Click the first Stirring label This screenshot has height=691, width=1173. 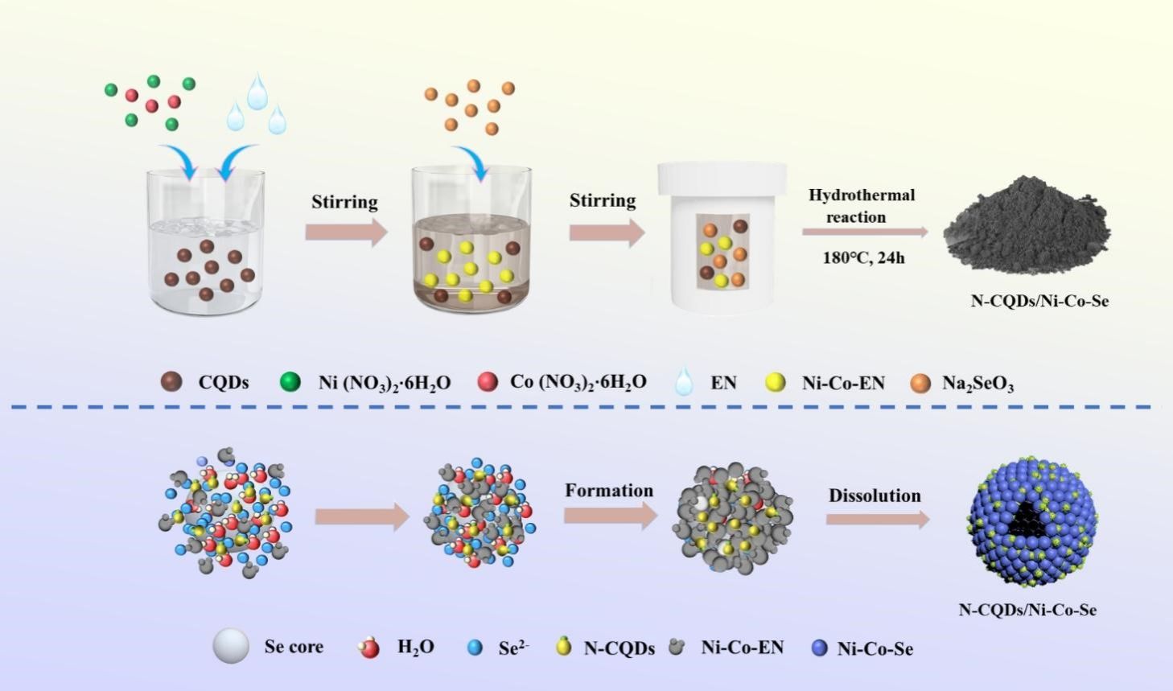(x=344, y=201)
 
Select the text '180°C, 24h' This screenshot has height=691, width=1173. (x=863, y=258)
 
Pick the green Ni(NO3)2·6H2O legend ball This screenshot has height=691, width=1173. (x=290, y=382)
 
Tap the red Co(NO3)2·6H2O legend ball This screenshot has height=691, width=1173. (x=488, y=381)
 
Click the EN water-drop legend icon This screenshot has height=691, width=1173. (x=684, y=381)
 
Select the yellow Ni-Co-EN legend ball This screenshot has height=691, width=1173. (x=776, y=382)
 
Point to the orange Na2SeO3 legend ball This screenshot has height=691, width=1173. (x=920, y=382)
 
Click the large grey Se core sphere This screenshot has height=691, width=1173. (x=231, y=646)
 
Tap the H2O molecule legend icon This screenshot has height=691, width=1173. (x=369, y=647)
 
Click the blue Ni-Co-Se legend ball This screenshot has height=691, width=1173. (x=819, y=648)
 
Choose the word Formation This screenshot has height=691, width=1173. (x=609, y=491)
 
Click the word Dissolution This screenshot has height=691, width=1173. (x=875, y=496)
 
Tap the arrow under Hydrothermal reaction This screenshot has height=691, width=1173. (x=864, y=232)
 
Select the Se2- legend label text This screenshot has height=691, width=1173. (x=513, y=648)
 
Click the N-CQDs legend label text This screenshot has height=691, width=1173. (x=619, y=648)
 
